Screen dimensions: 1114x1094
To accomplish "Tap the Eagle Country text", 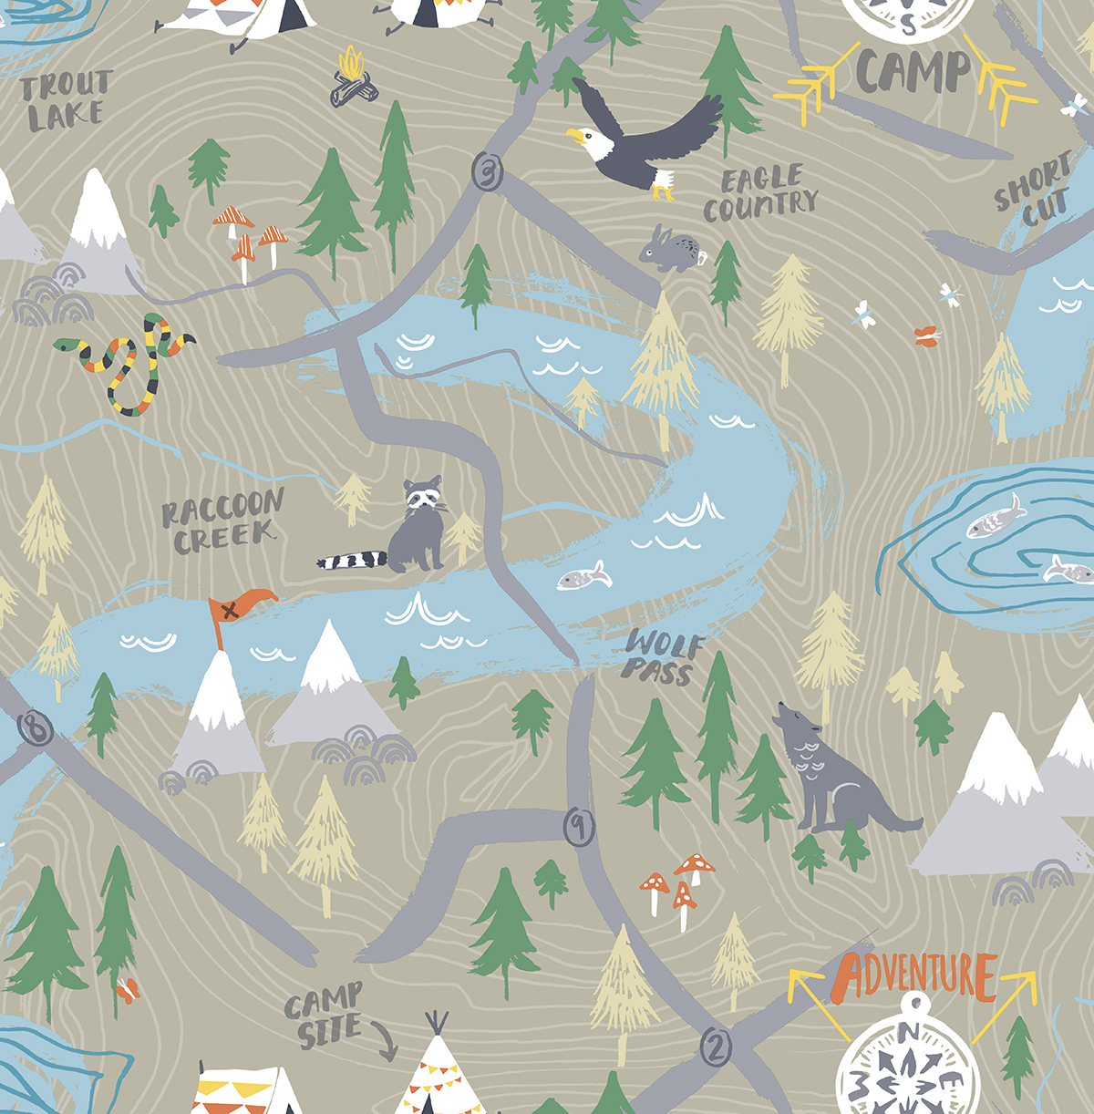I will pyautogui.click(x=759, y=193).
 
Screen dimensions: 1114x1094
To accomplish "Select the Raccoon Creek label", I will pyautogui.click(x=222, y=522).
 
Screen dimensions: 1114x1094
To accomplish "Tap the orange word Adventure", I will pyautogui.click(x=915, y=975).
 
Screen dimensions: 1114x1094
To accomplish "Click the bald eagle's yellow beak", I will pyautogui.click(x=575, y=137).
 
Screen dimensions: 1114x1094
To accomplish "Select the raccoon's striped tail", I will pyautogui.click(x=352, y=559).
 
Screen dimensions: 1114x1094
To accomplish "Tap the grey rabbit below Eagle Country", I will pyautogui.click(x=670, y=249).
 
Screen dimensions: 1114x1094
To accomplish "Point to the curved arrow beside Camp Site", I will pyautogui.click(x=385, y=1042).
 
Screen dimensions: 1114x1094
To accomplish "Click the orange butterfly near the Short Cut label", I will pyautogui.click(x=928, y=336).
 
